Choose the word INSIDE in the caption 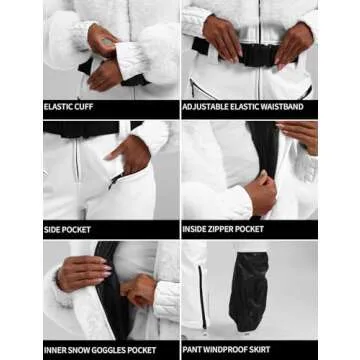pyautogui.click(x=195, y=229)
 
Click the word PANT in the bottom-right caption pyautogui.click(x=192, y=350)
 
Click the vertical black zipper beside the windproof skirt pyautogui.click(x=203, y=297)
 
